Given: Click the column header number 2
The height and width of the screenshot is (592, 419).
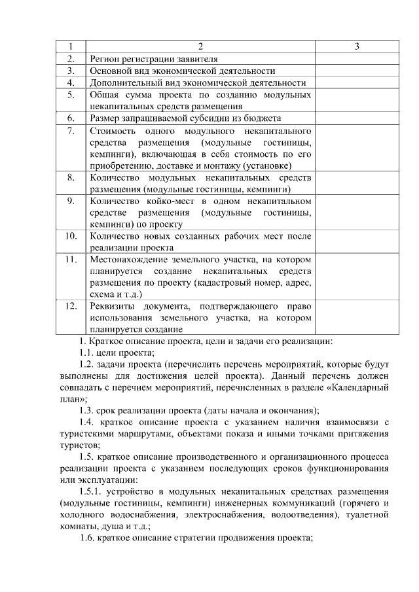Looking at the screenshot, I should [x=200, y=47].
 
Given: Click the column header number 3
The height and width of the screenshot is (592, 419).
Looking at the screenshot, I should [x=356, y=47].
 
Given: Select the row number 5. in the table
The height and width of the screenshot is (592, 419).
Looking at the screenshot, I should [x=71, y=95].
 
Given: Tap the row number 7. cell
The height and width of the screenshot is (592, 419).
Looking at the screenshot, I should [x=71, y=131].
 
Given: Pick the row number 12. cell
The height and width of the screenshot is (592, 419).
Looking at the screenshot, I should [x=71, y=306].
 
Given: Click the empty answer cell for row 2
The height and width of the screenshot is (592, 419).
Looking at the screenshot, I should [x=356, y=59].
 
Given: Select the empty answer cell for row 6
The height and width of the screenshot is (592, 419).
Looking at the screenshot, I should [x=356, y=118].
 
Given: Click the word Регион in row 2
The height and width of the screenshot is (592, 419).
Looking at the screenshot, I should [x=105, y=59].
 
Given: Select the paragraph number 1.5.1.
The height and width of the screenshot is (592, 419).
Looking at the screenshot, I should [x=92, y=491].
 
